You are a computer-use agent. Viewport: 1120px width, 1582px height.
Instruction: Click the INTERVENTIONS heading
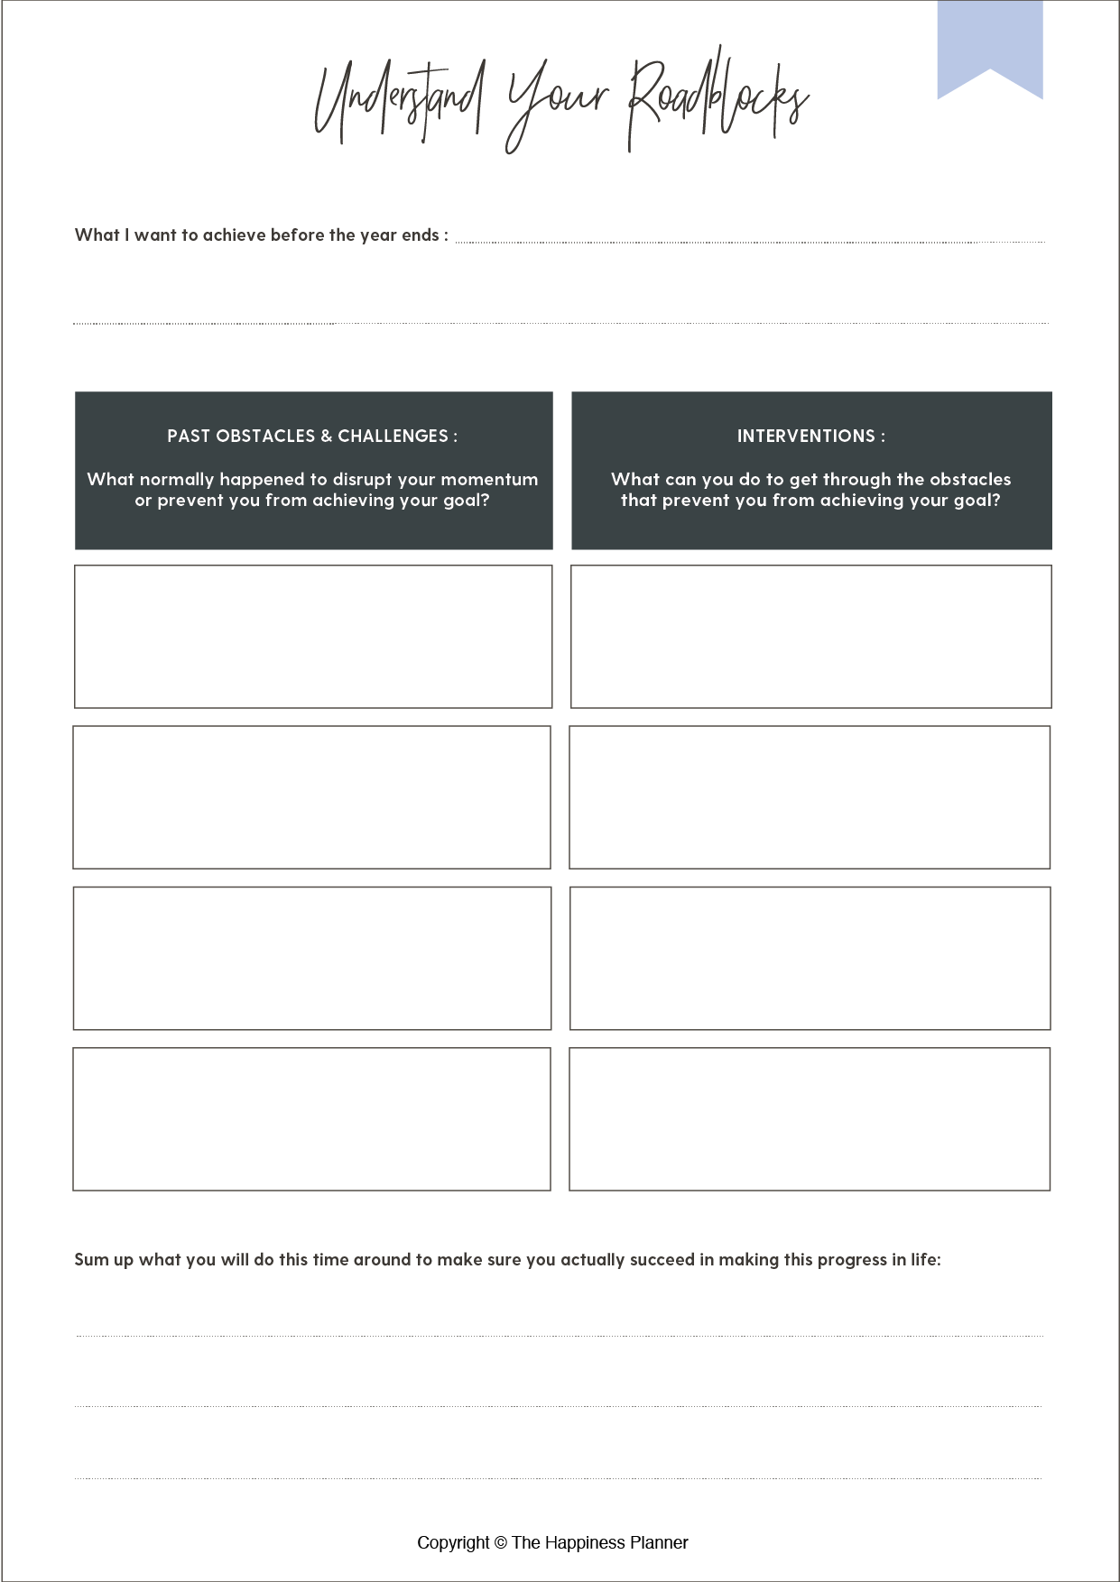(806, 437)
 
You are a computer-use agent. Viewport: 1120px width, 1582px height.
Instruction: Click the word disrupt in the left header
(362, 480)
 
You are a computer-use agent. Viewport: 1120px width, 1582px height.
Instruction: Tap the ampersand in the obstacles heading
(327, 437)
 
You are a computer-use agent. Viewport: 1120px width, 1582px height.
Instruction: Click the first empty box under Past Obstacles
(313, 637)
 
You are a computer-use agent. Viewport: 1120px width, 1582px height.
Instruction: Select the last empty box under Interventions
(810, 1119)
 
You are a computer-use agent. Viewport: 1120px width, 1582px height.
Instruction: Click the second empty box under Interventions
(810, 797)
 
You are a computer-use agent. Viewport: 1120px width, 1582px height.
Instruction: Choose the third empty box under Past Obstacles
(312, 958)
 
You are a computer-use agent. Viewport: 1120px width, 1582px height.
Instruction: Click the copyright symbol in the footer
(501, 1543)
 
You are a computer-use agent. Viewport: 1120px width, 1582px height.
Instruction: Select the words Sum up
(103, 1260)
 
